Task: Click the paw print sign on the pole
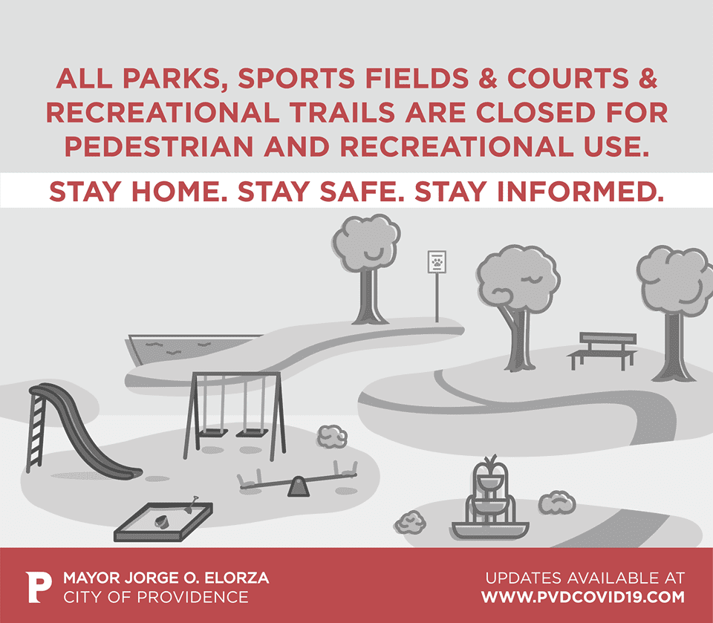pos(437,262)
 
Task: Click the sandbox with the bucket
pos(163,522)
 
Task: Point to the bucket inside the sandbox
pos(162,521)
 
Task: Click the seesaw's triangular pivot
pos(299,486)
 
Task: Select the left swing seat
pos(213,432)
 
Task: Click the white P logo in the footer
pos(38,587)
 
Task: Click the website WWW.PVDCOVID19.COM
pos(583,596)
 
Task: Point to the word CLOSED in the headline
pos(535,112)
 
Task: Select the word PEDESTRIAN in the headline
pos(159,146)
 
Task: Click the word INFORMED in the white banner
pos(581,192)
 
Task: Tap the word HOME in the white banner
pos(179,192)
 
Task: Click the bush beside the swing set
pos(332,437)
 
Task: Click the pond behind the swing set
pos(191,348)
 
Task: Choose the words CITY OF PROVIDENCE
pos(155,596)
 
